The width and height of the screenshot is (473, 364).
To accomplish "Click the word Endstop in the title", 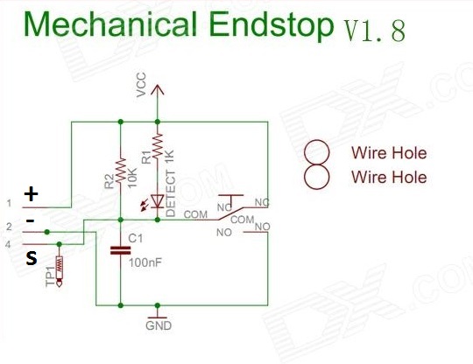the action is click(272, 24).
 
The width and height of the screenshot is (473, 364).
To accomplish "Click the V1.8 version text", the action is click(375, 31).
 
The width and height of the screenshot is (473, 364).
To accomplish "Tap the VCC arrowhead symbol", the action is click(157, 90).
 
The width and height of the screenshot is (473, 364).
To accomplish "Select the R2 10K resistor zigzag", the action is click(121, 170).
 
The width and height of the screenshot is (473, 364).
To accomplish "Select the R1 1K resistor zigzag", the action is click(157, 146).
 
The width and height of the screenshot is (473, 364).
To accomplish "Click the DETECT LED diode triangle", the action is click(157, 201).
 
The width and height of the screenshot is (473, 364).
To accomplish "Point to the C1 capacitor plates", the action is click(120, 250).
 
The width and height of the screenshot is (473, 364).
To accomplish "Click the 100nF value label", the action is click(145, 262).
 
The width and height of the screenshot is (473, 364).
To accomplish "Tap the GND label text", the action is click(159, 325).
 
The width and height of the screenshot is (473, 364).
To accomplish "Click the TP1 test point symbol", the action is click(60, 270).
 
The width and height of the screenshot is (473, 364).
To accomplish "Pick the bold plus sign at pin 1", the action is click(31, 193).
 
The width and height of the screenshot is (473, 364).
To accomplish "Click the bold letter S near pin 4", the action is click(32, 258).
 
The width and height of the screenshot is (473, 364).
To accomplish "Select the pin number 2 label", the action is click(9, 227).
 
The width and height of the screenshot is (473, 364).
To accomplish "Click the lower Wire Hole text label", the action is click(389, 177).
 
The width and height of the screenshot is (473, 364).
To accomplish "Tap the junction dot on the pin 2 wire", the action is click(47, 232).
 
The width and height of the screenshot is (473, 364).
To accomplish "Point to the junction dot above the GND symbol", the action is click(157, 305).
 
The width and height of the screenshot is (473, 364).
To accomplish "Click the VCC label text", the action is click(141, 85).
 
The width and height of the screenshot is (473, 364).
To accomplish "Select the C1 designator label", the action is click(135, 238).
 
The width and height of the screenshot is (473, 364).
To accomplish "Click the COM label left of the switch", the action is click(195, 214).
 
